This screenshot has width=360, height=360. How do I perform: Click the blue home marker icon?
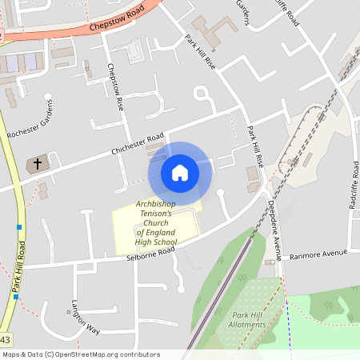(x=180, y=172)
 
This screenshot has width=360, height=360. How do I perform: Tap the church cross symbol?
(x=37, y=164)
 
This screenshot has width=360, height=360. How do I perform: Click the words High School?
(x=155, y=241)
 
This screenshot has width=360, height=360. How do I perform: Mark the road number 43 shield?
(x=6, y=341)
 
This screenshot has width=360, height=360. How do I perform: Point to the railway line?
(x=240, y=256)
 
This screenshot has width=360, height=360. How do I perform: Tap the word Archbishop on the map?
(x=156, y=203)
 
